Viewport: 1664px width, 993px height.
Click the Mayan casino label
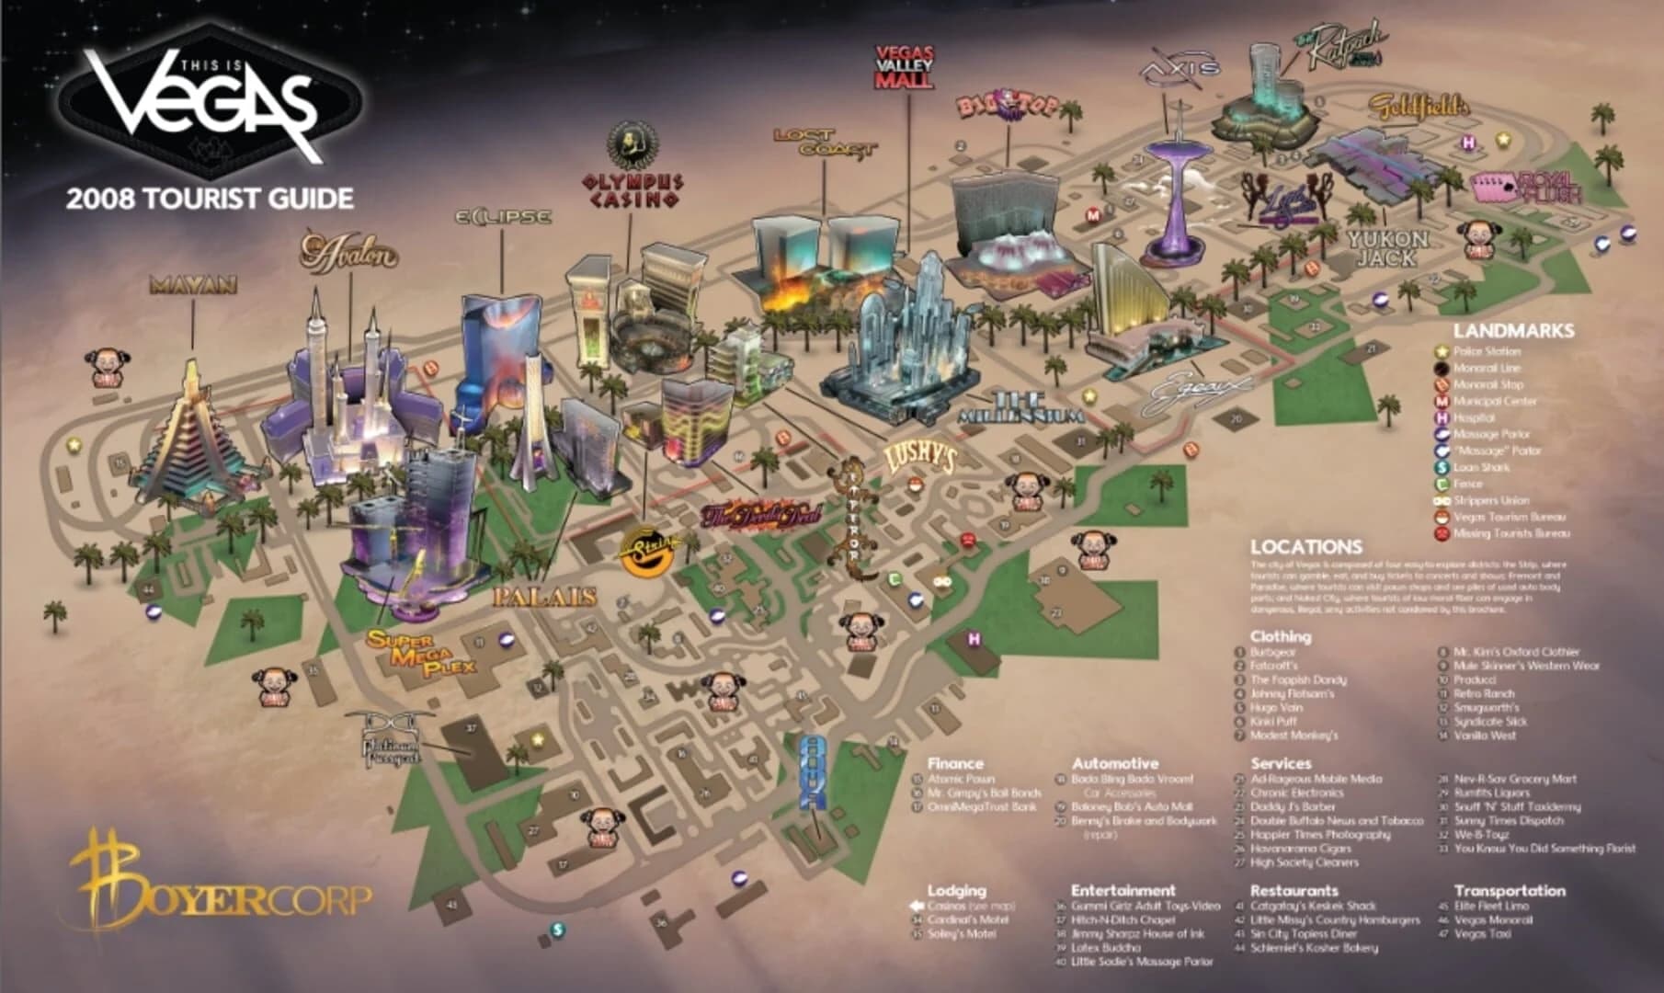pos(193,285)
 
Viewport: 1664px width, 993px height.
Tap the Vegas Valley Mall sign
pos(905,67)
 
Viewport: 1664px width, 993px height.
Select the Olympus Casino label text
pos(632,189)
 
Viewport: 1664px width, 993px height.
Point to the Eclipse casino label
pos(504,217)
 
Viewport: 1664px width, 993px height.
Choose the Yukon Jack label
pos(1388,248)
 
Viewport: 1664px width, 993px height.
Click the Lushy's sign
pos(919,458)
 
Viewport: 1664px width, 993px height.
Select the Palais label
pos(545,597)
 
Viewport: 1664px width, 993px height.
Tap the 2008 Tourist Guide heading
pos(210,198)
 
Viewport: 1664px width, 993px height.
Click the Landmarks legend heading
pos(1513,330)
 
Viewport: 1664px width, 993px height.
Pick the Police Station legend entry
pos(1487,351)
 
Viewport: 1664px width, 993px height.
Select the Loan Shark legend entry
pos(1477,467)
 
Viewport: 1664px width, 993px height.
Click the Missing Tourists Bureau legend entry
pos(1510,533)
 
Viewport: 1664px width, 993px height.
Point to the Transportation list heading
pos(1509,890)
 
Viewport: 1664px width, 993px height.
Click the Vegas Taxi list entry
pos(1482,934)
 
